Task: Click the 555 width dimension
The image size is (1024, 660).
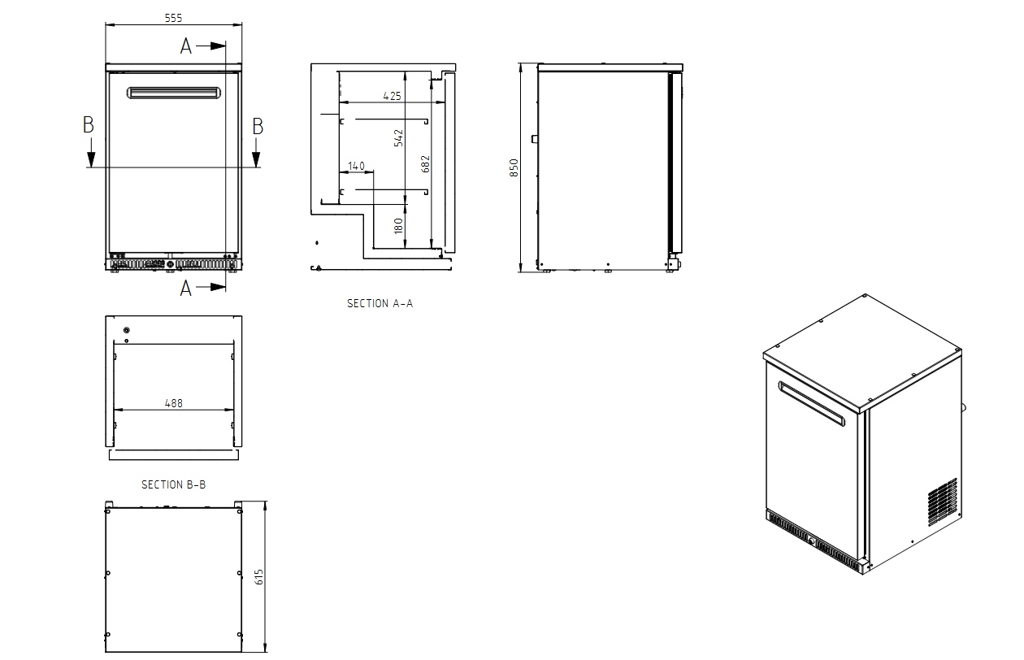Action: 173,18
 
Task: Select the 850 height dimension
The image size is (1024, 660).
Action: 514,167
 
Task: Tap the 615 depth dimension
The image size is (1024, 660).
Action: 258,577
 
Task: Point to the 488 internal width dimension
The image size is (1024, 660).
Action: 174,403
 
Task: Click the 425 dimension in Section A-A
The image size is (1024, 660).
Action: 392,96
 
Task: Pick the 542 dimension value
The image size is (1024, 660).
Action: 398,138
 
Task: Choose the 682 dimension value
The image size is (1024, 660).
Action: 425,164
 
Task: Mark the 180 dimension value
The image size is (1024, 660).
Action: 398,226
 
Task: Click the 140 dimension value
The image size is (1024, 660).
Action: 356,166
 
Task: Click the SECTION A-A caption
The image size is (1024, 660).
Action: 380,303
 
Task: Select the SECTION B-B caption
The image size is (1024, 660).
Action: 174,484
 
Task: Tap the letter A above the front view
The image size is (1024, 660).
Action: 185,46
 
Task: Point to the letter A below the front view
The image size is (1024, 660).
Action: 185,289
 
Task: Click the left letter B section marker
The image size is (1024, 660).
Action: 89,125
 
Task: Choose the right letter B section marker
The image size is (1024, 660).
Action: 258,126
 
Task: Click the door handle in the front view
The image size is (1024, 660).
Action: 174,93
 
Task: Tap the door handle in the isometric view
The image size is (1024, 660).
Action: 811,404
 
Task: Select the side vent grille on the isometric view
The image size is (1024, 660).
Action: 943,502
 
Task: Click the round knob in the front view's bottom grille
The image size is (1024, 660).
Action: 170,264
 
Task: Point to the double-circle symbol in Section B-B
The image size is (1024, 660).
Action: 127,330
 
